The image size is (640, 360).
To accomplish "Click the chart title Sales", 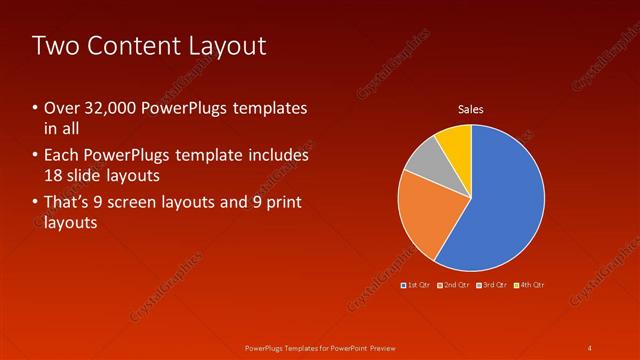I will click(x=471, y=108).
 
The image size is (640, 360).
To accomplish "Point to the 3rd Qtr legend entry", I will click(x=493, y=285).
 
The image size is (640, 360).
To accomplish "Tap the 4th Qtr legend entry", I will click(x=531, y=285).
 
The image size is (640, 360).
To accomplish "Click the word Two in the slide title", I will click(x=55, y=45).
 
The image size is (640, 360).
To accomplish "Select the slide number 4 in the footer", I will click(x=590, y=347).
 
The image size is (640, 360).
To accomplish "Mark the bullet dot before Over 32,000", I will click(x=35, y=108).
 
